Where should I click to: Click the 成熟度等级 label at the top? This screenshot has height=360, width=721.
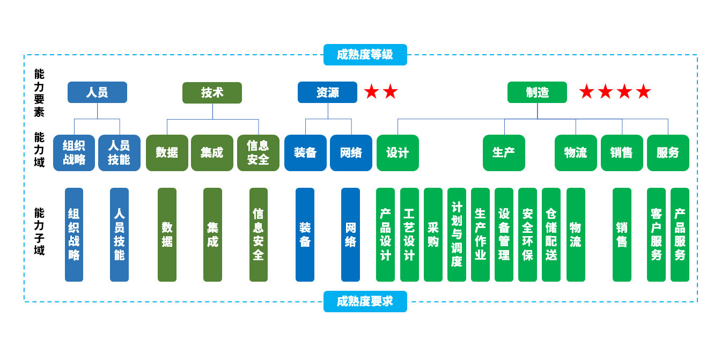tap(365, 55)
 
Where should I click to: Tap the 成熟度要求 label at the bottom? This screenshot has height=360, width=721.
tap(365, 302)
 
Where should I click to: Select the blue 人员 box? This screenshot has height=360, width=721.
tap(97, 92)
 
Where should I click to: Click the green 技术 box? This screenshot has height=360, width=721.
tap(212, 93)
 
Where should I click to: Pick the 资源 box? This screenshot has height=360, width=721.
tap(327, 92)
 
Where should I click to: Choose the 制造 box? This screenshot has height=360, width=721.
tap(537, 92)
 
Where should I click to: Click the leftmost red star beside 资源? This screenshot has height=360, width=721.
tap(371, 92)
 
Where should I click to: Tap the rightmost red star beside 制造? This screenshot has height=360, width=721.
tap(643, 92)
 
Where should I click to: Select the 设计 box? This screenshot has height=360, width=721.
tap(398, 153)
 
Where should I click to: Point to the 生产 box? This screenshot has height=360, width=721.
tap(504, 153)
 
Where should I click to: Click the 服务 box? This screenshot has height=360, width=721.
tap(668, 153)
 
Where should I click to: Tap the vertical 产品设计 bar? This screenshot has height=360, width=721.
tap(385, 234)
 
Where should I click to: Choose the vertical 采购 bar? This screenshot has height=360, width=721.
tap(433, 234)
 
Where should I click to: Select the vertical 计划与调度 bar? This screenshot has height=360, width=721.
tap(457, 234)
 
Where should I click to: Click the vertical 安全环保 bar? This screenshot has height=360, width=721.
tap(527, 234)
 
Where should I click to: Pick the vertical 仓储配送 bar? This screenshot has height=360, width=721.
tap(551, 234)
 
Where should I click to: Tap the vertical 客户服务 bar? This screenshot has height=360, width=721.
tap(656, 234)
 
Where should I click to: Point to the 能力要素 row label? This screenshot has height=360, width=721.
tap(39, 93)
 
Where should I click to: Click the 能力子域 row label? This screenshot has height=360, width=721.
tap(39, 231)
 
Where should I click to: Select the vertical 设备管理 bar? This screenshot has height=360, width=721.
tap(504, 234)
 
